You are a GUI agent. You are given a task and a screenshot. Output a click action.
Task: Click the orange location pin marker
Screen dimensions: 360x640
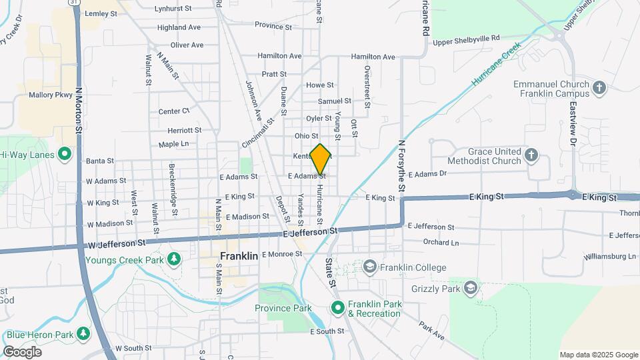(x=320, y=159)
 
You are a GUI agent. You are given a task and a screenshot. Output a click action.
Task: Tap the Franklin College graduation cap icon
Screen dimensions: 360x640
(x=369, y=267)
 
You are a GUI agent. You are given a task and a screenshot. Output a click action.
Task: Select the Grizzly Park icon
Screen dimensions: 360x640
(x=471, y=287)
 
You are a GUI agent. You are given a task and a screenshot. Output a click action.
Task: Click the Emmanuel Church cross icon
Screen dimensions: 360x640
(x=599, y=88)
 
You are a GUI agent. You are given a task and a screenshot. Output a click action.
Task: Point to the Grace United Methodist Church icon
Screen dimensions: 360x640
(x=531, y=155)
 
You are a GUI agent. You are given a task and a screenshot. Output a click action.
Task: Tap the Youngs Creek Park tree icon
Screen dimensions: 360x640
(x=174, y=257)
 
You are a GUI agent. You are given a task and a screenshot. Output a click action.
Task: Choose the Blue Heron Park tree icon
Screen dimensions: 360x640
(x=83, y=333)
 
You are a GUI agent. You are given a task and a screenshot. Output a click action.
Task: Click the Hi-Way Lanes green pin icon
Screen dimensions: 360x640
(x=65, y=155)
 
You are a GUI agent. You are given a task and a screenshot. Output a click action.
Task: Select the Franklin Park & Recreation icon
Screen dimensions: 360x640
(x=337, y=308)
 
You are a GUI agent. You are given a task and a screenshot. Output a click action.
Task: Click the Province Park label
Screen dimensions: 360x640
(x=283, y=308)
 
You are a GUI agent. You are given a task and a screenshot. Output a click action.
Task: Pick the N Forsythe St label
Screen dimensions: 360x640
(x=401, y=166)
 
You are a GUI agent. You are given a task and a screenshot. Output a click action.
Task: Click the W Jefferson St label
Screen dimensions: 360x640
(x=117, y=245)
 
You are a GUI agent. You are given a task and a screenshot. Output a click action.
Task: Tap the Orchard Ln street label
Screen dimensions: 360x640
(x=441, y=243)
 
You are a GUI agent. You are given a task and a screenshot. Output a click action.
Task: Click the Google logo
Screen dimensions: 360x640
(x=22, y=351)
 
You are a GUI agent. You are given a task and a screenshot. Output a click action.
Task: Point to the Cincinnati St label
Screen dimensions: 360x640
(x=259, y=133)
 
